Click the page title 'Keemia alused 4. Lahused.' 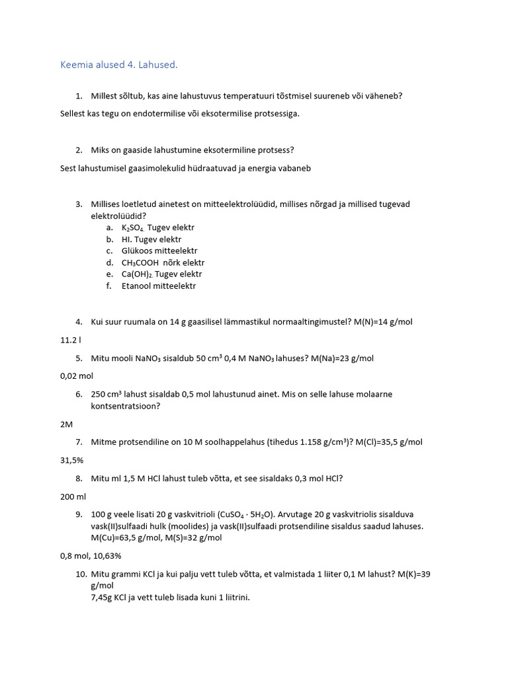119,65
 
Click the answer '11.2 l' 71,340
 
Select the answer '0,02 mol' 77,376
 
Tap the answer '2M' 66,424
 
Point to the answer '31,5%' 72,459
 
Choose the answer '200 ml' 73,496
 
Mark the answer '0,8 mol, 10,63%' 91,555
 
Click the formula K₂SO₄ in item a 133,227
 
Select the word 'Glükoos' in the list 137,251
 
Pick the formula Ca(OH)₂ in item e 137,274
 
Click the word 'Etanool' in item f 136,286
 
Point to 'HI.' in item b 127,239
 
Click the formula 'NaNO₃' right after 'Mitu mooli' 151,358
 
